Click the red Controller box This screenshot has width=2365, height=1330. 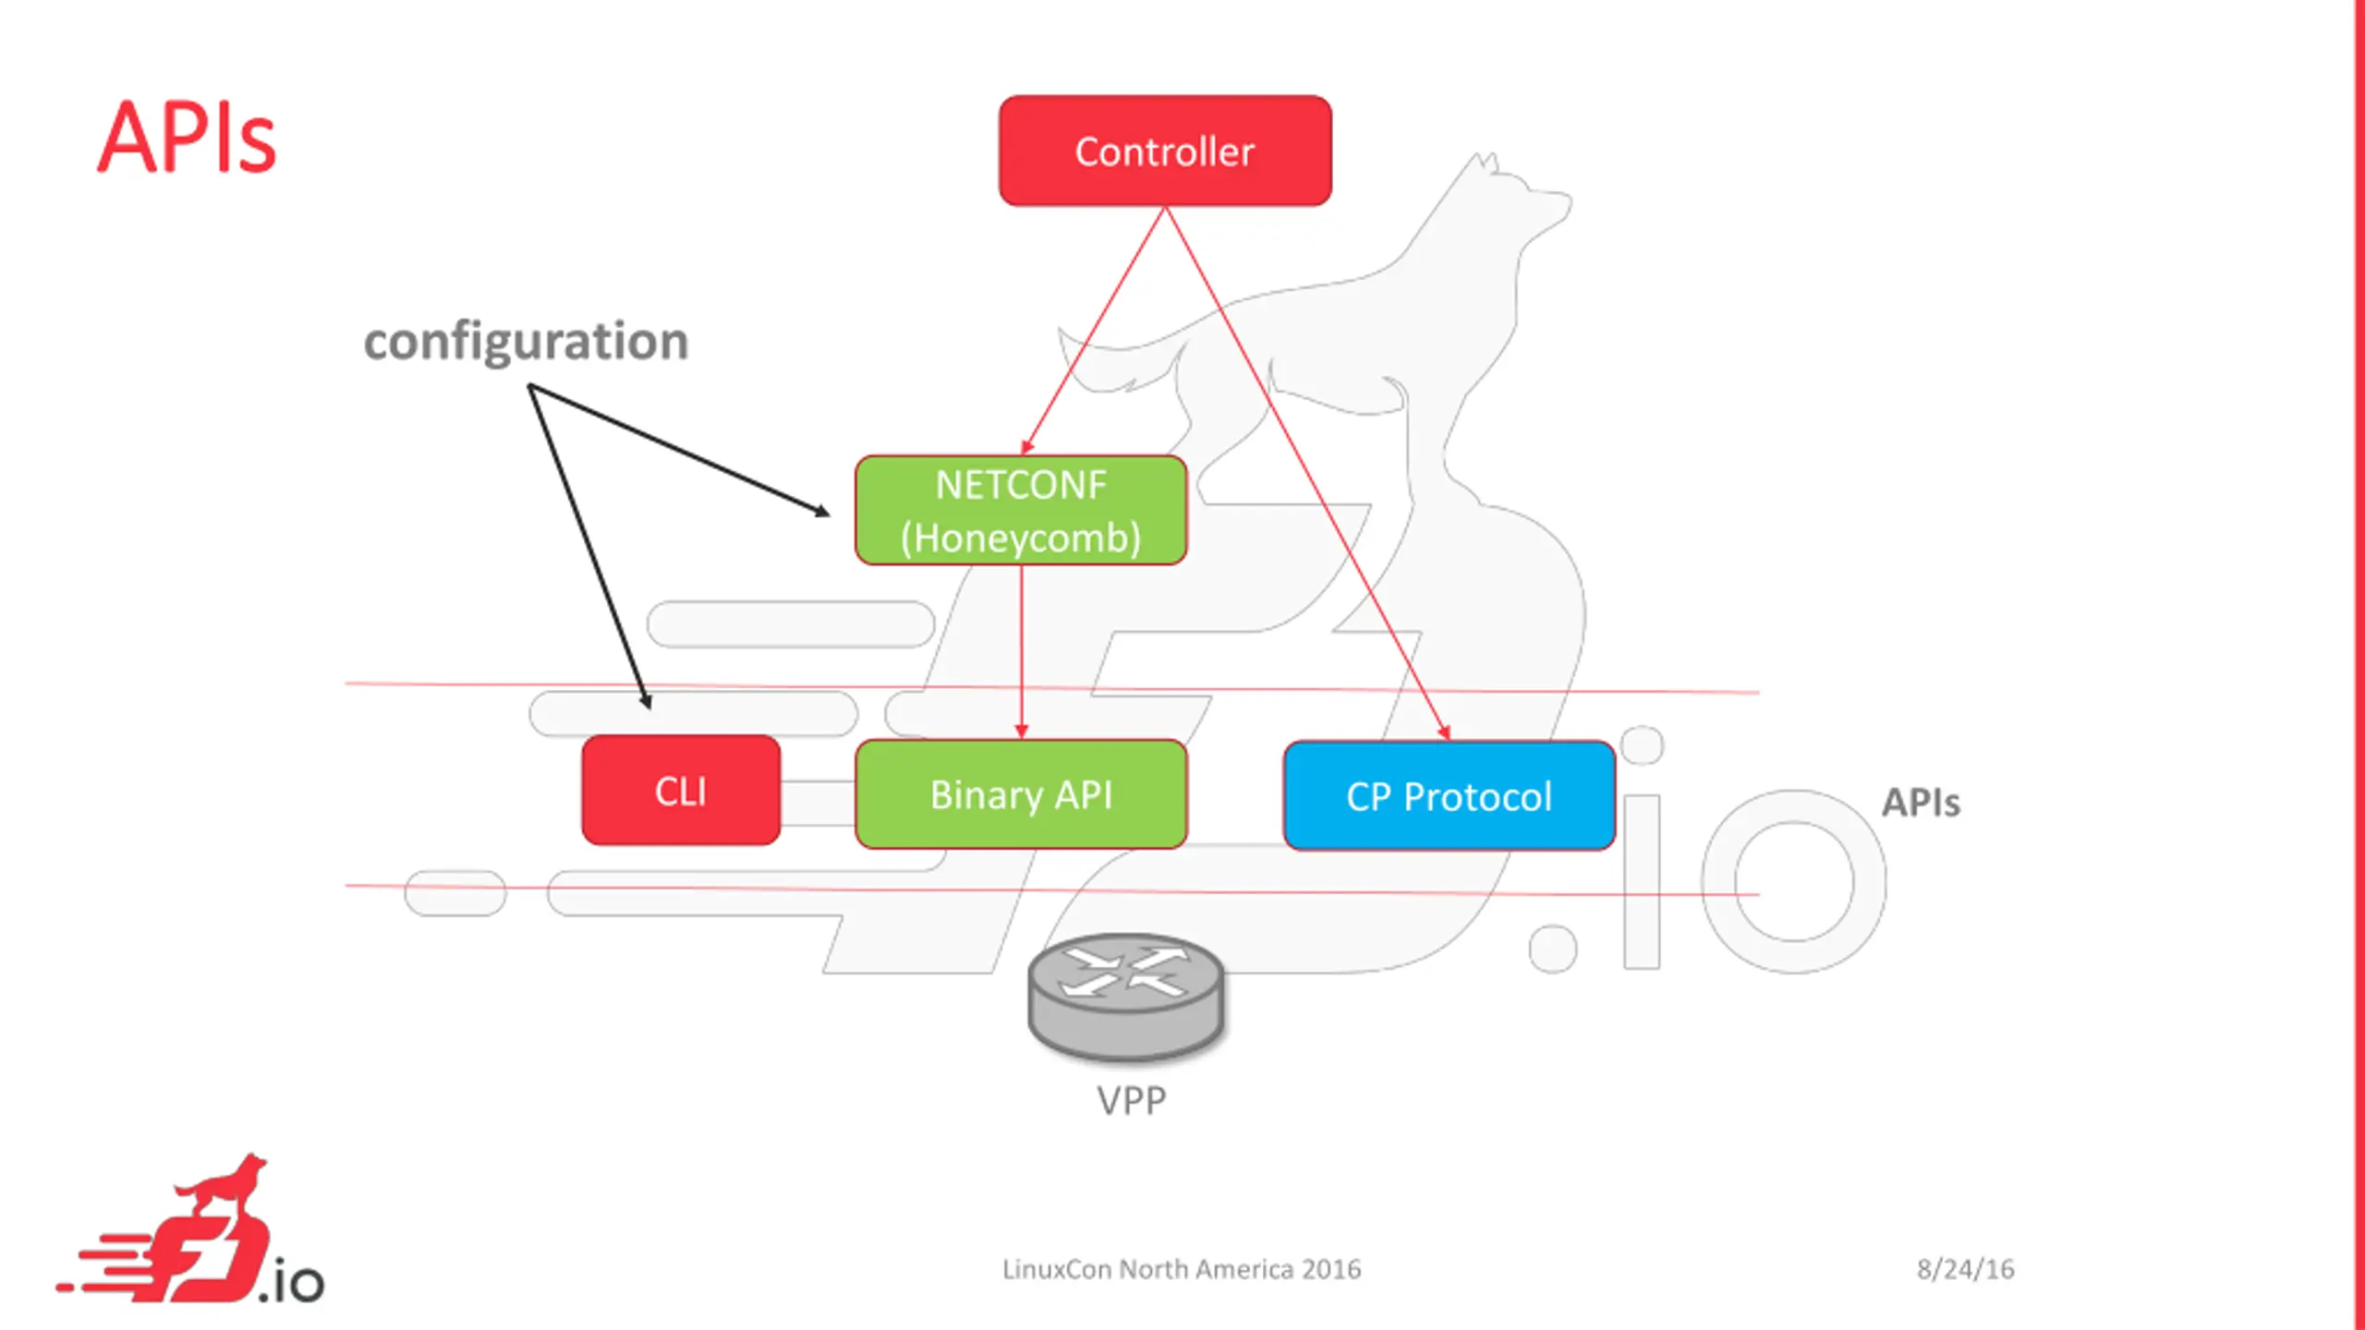point(1165,151)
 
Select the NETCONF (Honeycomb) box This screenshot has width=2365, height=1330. point(1021,510)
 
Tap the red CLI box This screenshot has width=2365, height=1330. point(681,790)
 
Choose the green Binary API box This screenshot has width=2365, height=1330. point(1021,794)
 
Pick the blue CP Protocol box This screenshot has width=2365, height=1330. point(1449,795)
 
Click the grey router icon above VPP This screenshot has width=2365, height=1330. point(1126,996)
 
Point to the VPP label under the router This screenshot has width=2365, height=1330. point(1131,1100)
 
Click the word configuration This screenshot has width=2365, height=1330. point(526,342)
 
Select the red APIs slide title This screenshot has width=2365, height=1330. point(187,138)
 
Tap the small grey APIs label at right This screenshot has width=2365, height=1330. point(1921,803)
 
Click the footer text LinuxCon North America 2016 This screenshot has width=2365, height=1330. point(1182,1269)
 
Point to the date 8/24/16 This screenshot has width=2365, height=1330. point(1965,1269)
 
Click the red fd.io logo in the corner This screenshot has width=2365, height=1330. point(190,1228)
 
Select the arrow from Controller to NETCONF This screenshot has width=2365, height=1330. point(1093,331)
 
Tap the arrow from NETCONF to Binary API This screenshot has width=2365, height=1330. point(1021,652)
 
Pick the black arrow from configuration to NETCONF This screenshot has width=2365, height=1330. point(679,451)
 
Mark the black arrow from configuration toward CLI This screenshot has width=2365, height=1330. point(589,548)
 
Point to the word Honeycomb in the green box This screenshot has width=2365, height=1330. point(1021,538)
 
